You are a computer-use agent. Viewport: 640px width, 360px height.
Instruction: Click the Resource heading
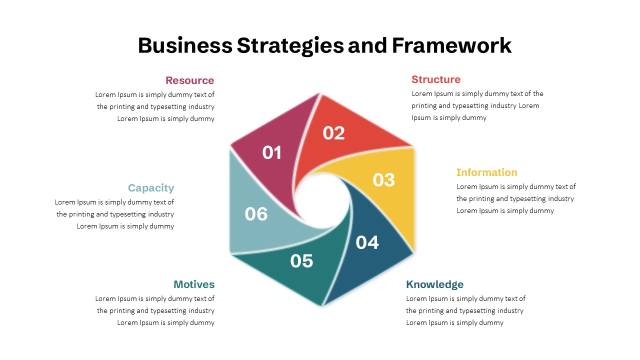[x=189, y=80]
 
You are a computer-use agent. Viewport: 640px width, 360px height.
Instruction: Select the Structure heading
[x=436, y=79]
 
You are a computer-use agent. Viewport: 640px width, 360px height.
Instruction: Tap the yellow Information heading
[x=487, y=172]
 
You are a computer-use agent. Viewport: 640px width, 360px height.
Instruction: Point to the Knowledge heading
[x=434, y=284]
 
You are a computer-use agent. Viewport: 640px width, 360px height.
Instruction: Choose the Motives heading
[x=194, y=284]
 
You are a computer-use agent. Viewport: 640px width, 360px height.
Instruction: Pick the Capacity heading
[x=151, y=188]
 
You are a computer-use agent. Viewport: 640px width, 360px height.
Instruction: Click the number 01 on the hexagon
[x=271, y=152]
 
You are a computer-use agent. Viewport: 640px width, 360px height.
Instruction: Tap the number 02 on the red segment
[x=333, y=133]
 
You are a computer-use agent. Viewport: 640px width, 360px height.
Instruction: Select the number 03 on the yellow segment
[x=383, y=180]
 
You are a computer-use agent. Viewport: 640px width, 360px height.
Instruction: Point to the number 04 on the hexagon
[x=367, y=242]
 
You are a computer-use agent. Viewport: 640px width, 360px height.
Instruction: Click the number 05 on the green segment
[x=301, y=261]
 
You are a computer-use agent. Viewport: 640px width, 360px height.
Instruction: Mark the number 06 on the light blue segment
[x=256, y=214]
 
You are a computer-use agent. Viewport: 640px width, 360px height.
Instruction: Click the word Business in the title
[x=185, y=45]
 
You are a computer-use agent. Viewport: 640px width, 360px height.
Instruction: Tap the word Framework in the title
[x=451, y=45]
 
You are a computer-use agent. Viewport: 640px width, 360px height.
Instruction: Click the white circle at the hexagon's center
[x=322, y=201]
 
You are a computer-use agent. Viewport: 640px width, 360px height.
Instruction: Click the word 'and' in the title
[x=367, y=45]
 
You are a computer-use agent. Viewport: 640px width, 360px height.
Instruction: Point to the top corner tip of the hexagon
[x=320, y=93]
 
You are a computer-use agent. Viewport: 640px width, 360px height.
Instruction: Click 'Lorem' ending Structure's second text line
[x=529, y=105]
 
